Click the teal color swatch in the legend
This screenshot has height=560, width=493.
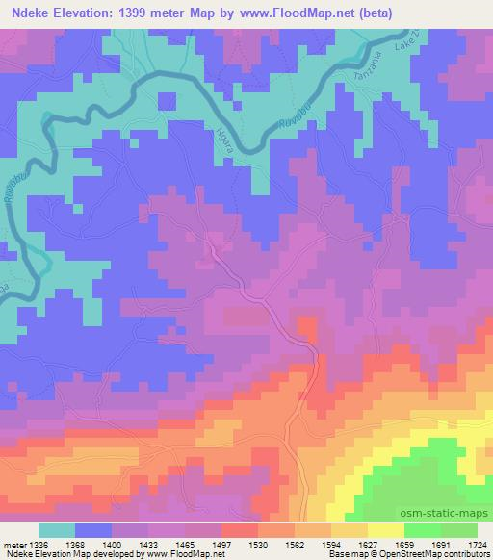point(57,530)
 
